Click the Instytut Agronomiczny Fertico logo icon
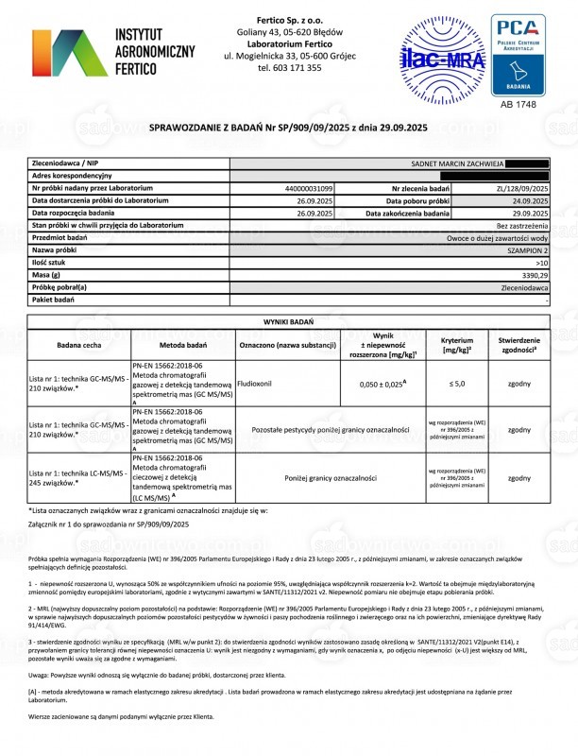tap(69, 47)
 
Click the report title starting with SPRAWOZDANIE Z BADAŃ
tap(288, 126)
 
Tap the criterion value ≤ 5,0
tap(456, 386)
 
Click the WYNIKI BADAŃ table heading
tap(288, 321)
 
